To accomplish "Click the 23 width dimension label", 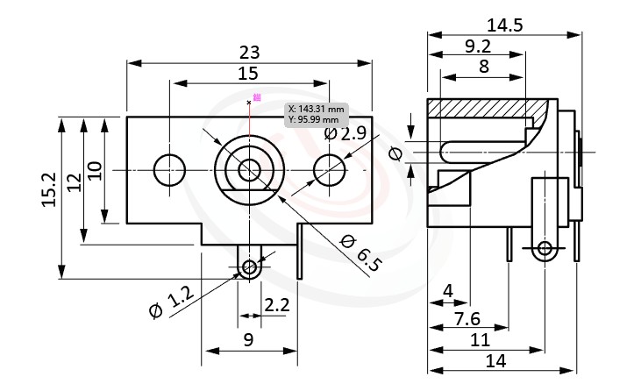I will (x=249, y=52).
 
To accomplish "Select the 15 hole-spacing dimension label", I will (x=248, y=73).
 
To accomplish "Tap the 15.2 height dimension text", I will (x=49, y=188).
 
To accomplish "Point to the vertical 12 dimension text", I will (x=74, y=181).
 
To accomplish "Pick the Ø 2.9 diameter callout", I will (x=345, y=134).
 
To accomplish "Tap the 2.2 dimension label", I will (x=277, y=304).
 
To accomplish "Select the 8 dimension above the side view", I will (x=483, y=67).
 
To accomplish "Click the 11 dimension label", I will (x=480, y=338).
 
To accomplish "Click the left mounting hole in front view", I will (x=169, y=167).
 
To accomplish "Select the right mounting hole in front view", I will (x=329, y=167).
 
